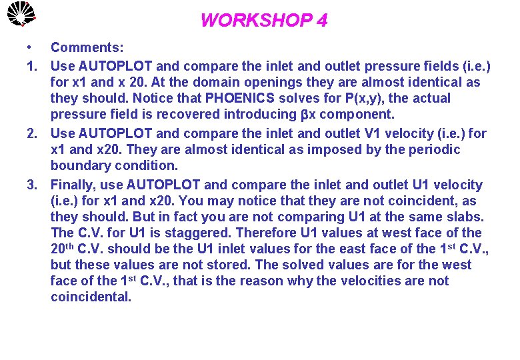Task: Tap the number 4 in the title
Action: [x=322, y=21]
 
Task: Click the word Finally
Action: [x=75, y=185]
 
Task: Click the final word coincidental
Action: [x=91, y=297]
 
